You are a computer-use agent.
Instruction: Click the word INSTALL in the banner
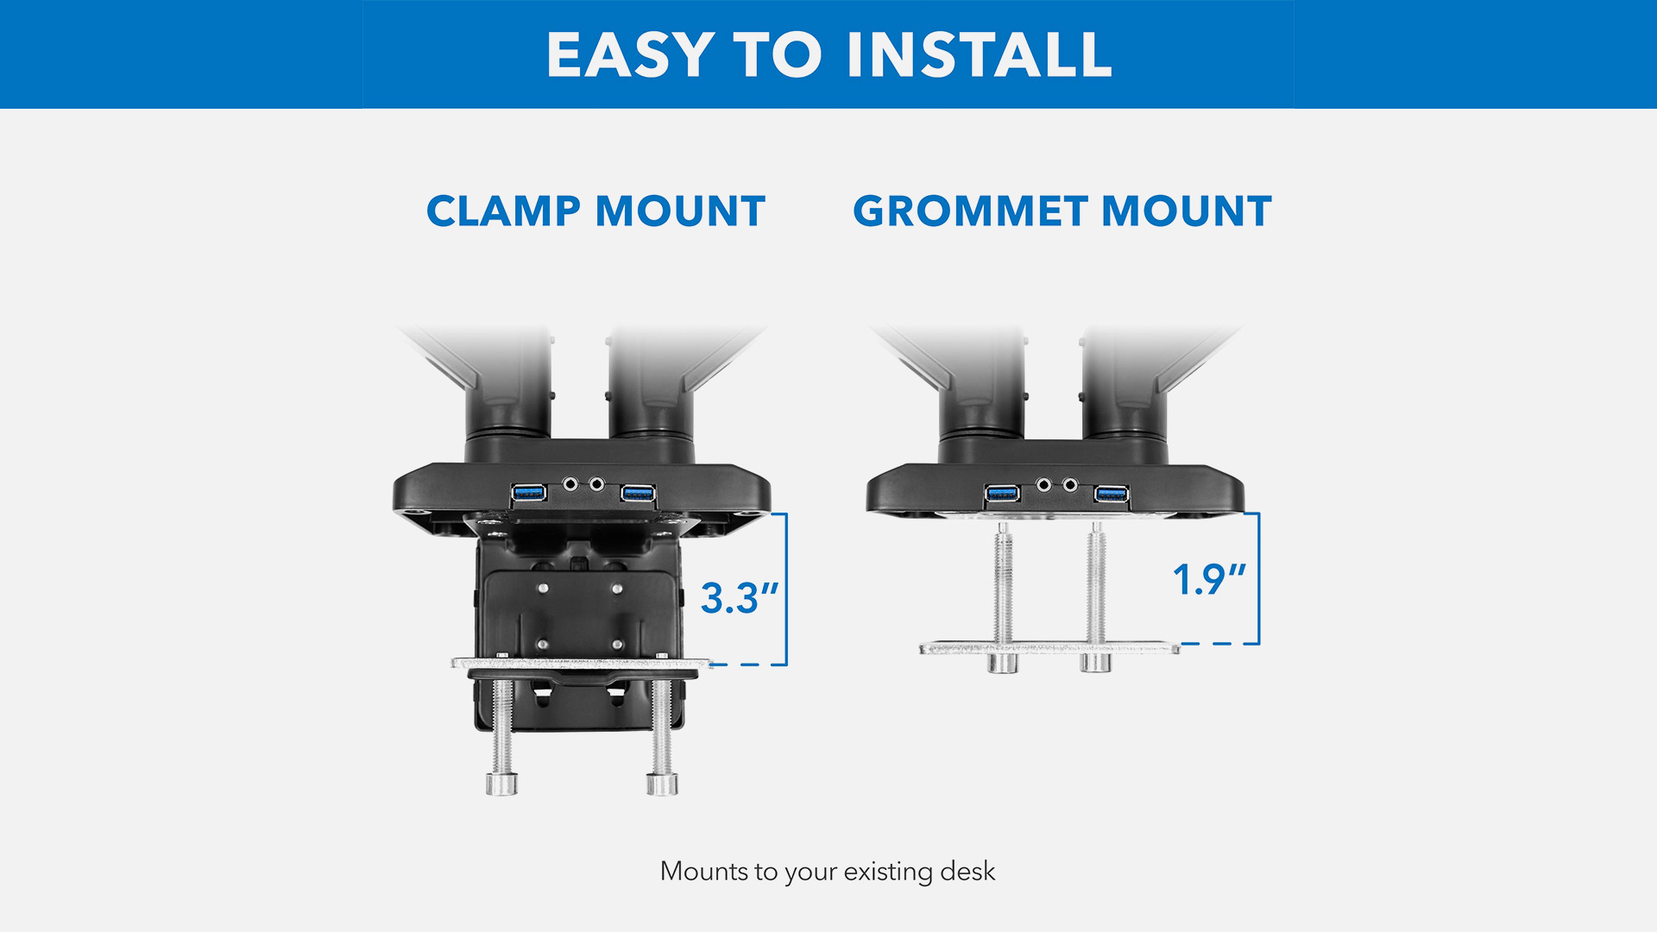980,54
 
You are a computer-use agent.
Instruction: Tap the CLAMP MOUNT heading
595,211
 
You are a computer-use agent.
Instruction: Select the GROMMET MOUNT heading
1062,211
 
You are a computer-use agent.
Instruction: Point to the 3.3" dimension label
740,598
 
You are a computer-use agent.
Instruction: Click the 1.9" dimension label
1209,579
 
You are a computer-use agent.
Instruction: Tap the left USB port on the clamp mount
528,493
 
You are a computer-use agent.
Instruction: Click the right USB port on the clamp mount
638,493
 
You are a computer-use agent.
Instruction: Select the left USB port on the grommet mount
1002,494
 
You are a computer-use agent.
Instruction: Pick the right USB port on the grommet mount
1112,494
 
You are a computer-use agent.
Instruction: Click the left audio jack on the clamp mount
570,484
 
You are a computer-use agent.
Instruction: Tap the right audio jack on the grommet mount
1070,485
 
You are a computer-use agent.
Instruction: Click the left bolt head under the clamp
501,784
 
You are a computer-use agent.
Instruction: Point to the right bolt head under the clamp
662,784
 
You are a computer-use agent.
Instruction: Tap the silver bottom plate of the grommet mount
1049,647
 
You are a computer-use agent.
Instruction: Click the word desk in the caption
967,872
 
